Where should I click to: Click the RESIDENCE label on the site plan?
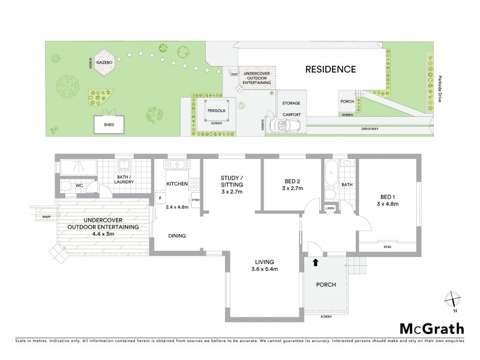331,69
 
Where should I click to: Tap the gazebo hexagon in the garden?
106,64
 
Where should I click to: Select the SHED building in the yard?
109,125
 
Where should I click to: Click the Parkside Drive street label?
439,89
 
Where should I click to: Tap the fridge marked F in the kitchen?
160,199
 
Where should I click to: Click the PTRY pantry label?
195,202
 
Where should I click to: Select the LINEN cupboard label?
329,208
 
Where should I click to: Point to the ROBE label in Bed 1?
388,246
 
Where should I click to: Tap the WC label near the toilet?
80,186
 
